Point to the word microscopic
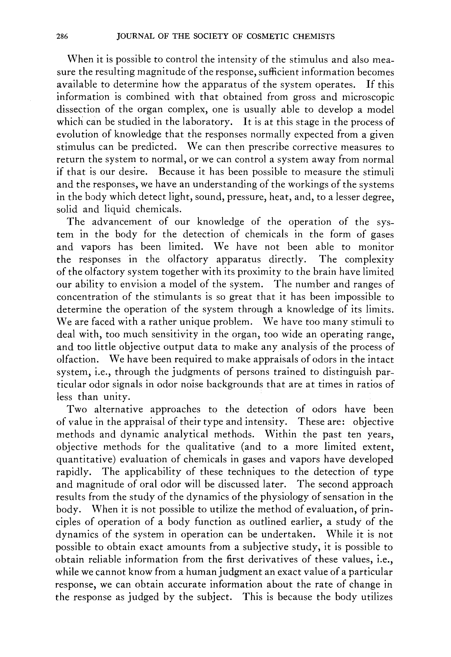coord(368,97)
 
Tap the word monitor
coord(375,247)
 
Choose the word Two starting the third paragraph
coord(76,410)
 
